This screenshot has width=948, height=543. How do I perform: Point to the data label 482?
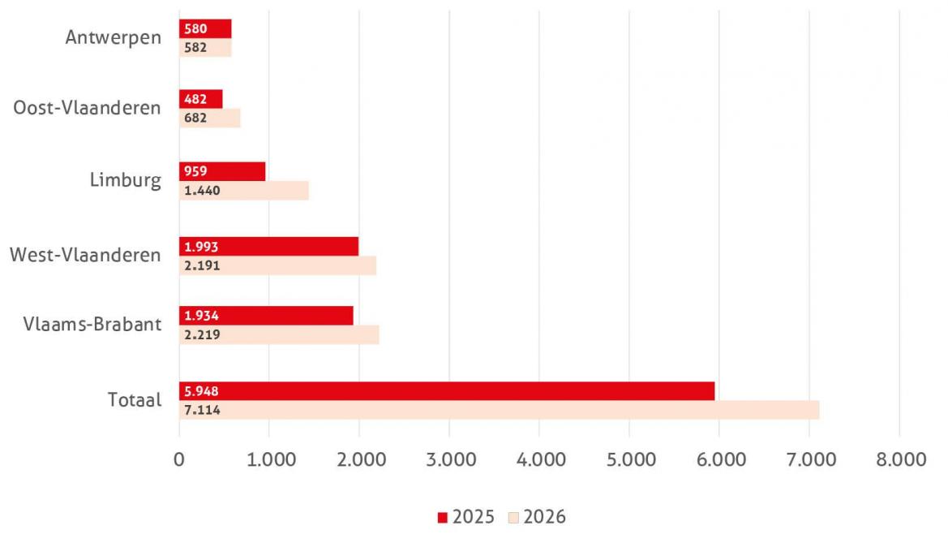[195, 99]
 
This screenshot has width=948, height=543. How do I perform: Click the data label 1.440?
[202, 191]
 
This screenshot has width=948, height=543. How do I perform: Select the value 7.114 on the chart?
[202, 410]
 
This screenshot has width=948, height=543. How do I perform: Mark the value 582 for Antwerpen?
[195, 47]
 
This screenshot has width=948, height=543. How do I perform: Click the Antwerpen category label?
[114, 37]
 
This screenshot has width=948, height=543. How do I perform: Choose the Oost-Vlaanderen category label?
[87, 108]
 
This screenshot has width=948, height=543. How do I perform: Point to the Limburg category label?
[126, 180]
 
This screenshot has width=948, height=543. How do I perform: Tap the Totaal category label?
[135, 400]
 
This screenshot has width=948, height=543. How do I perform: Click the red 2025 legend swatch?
[442, 517]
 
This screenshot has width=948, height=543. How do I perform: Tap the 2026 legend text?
[544, 517]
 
